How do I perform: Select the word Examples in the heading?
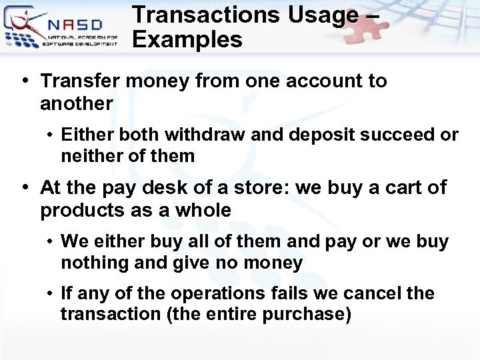click(x=187, y=40)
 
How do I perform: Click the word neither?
click(x=87, y=156)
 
